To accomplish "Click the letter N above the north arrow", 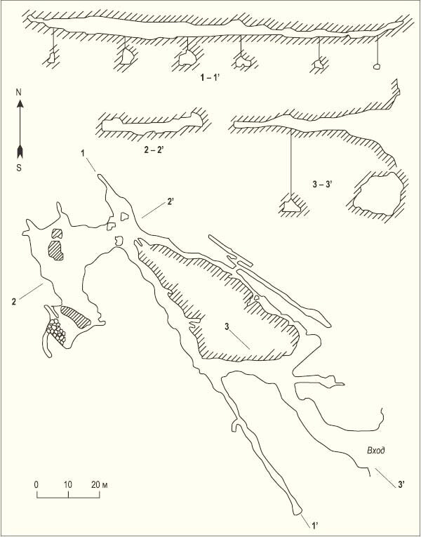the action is point(20,93).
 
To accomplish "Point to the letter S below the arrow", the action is point(20,168).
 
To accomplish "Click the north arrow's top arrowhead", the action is point(20,103).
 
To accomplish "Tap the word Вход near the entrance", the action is point(376,451).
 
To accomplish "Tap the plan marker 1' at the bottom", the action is point(315,524).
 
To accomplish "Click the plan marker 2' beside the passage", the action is point(171,202).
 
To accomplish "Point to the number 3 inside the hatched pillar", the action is point(227,328).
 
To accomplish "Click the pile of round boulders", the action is point(56,331).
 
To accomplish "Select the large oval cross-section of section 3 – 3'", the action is point(378,194).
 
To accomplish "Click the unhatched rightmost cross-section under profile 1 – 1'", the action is point(377,67).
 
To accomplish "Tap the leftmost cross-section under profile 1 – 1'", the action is point(51,58).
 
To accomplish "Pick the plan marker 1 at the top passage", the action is point(83,154).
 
